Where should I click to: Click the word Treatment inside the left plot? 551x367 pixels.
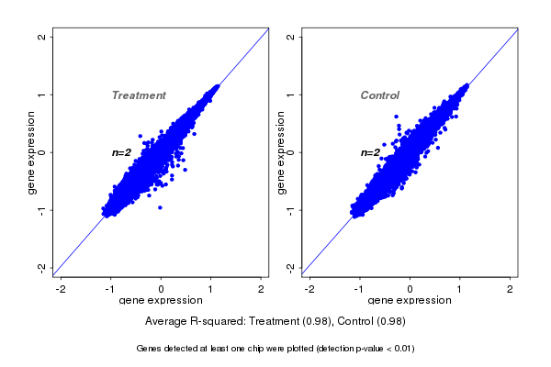point(139,95)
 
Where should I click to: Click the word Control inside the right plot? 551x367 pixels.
point(379,95)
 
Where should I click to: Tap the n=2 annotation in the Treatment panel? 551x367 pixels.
point(122,152)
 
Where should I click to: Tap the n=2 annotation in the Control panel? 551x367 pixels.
point(370,152)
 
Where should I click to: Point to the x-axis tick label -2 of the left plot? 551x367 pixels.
point(61,289)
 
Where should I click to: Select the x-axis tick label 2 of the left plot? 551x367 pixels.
point(262,289)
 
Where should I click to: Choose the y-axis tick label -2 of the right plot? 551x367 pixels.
point(290,267)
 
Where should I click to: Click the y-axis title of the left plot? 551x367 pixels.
point(32,152)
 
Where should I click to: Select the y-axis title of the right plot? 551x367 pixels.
point(281,152)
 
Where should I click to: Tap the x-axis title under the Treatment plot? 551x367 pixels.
point(161,300)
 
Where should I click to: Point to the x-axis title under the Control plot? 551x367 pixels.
point(410,300)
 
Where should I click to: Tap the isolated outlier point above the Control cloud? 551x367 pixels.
point(397,117)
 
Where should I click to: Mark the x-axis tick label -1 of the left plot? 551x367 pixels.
point(110,289)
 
